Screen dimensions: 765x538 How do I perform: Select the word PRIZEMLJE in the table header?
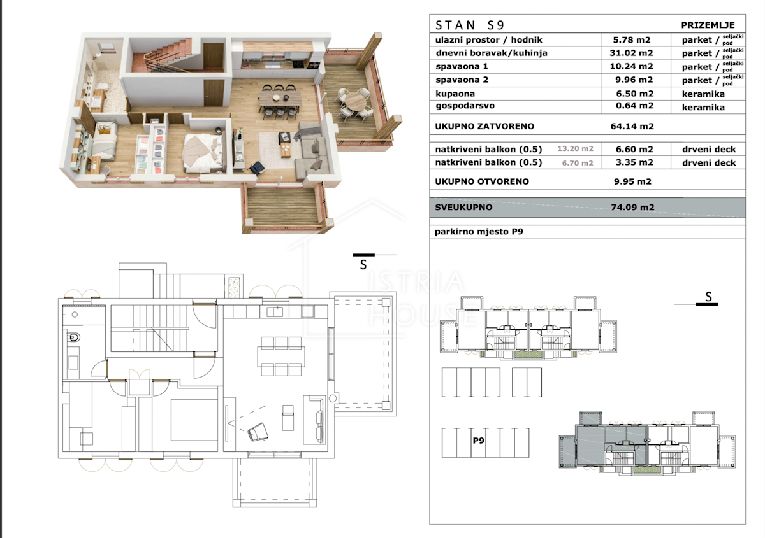[708, 25]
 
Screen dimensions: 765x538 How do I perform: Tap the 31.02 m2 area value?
[632, 53]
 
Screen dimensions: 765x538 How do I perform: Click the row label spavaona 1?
[462, 66]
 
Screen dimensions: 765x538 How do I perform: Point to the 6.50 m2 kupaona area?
[634, 94]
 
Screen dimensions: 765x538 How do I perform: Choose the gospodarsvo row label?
[465, 106]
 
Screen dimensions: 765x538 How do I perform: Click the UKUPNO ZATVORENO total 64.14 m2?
[632, 126]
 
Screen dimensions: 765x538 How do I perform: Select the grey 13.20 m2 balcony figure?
[576, 149]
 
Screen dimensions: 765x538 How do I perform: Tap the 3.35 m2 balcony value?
[634, 162]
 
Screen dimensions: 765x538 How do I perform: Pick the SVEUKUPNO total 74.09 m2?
[633, 207]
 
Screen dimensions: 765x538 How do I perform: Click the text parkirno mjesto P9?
[479, 232]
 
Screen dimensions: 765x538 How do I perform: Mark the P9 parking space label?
[479, 441]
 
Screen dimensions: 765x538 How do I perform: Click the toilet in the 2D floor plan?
[74, 337]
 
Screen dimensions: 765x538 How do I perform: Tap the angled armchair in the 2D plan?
[258, 432]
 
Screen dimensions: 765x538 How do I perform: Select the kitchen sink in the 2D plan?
[275, 312]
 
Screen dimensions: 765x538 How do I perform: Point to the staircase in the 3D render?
[163, 55]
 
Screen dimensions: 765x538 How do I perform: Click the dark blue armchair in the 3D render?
[257, 168]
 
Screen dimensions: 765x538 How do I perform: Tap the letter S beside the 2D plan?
[363, 265]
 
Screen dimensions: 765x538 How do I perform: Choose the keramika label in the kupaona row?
[703, 94]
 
